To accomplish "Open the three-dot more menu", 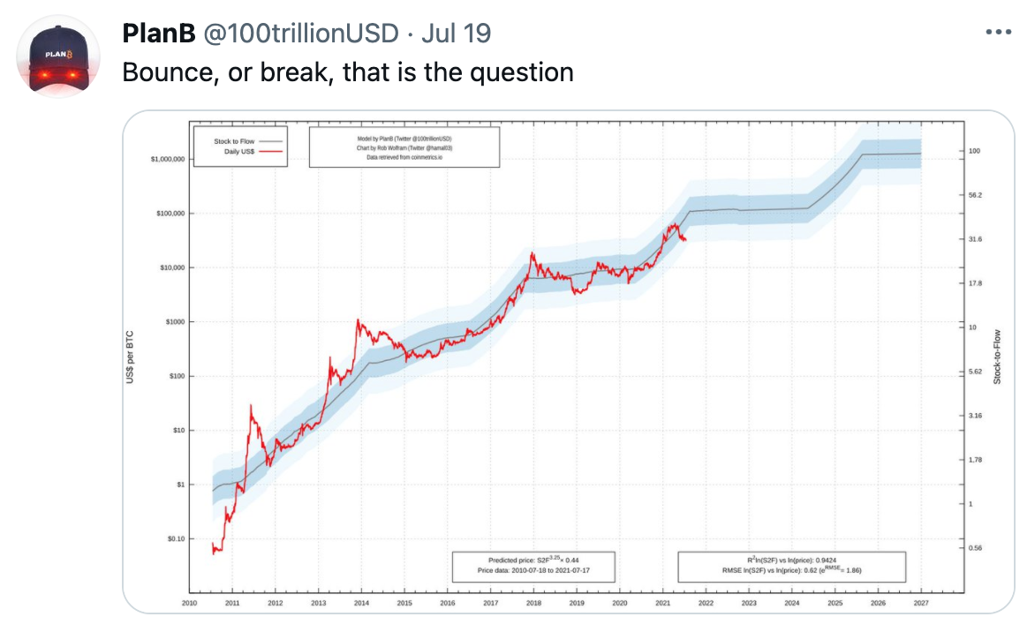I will (998, 32).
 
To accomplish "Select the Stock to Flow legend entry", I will (234, 141).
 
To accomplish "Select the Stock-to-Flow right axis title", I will (998, 357).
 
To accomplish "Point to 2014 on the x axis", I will (361, 604).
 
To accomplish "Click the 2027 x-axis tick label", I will (921, 604).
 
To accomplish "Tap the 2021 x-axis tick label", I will (662, 604).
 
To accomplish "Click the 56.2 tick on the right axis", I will (975, 195).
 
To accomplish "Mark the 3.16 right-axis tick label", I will (975, 416).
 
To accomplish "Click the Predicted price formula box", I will (533, 566).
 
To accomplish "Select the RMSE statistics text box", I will (791, 566).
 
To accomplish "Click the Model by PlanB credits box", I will (404, 147).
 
